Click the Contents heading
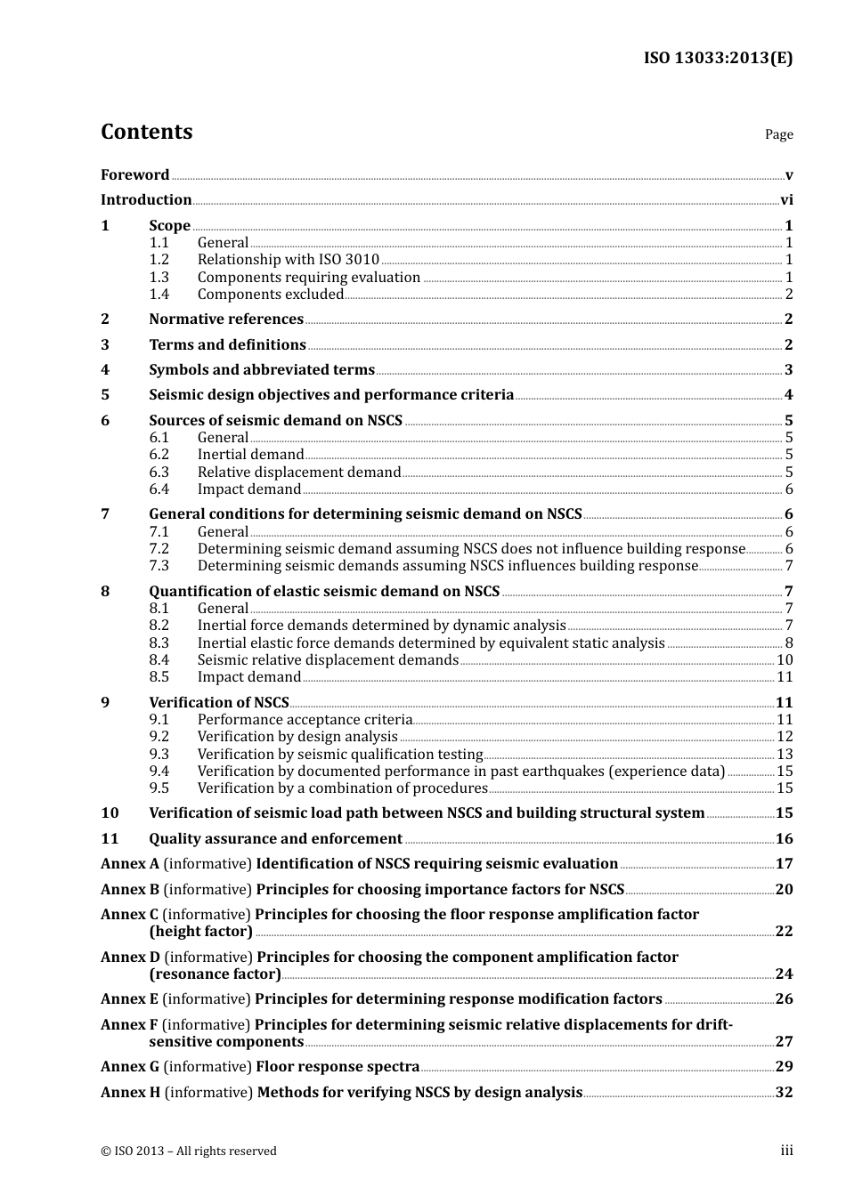146,132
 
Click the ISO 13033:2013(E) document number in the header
718,59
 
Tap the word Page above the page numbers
778,134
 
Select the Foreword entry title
134,175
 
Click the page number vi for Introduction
786,200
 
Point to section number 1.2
159,260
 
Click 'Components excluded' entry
270,295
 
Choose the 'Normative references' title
226,319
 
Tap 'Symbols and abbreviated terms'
262,370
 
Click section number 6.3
159,473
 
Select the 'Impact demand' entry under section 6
249,489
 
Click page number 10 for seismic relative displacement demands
785,660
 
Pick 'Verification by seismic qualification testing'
340,755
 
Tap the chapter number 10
110,813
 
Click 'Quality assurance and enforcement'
275,839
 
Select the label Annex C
129,915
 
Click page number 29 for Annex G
784,1067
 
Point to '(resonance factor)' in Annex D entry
215,974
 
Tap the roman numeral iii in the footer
786,1151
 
